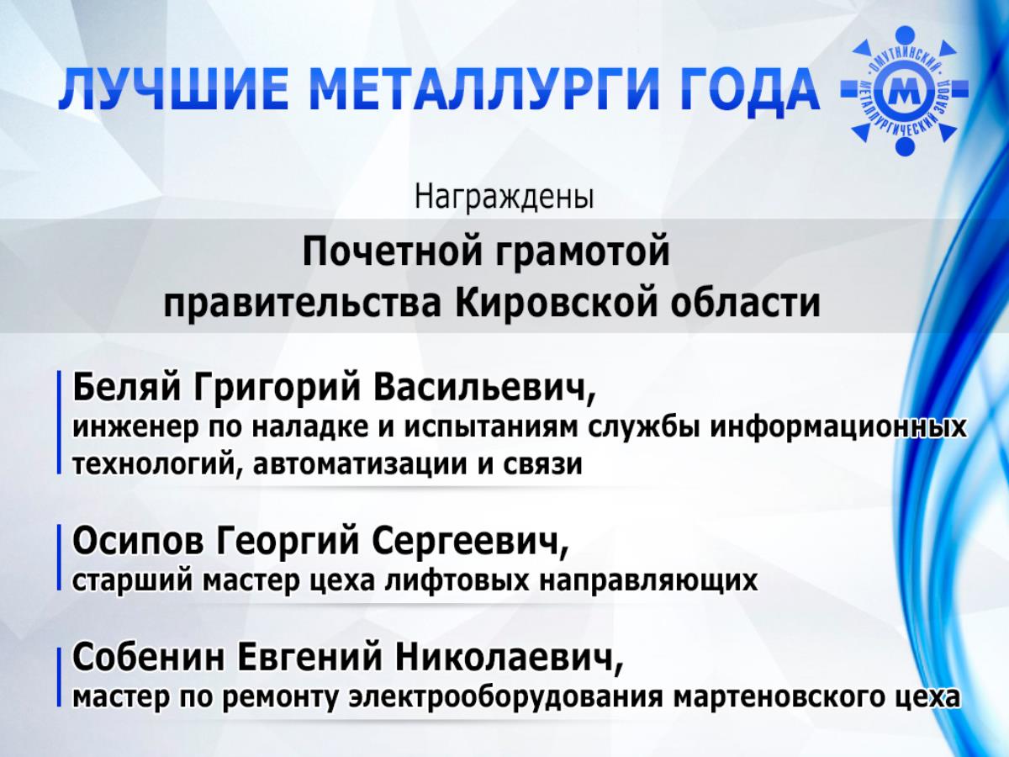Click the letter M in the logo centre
pos(904,90)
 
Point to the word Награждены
pos(504,196)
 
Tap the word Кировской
pos(556,304)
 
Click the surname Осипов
pos(138,542)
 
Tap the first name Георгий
pos(288,542)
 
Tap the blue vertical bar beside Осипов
pos(59,558)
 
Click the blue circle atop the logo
pos(905,36)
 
